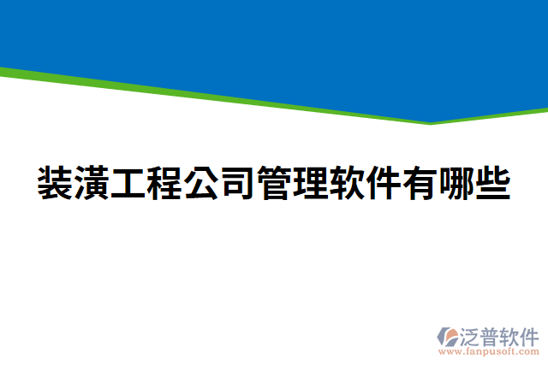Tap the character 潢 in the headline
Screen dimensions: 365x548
click(x=92, y=183)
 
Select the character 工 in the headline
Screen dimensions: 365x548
click(x=128, y=183)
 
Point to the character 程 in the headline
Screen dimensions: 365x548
click(x=165, y=183)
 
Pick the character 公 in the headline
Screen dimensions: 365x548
click(x=201, y=183)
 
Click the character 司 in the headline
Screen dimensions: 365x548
click(x=238, y=183)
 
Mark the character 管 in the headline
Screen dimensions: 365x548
click(x=275, y=183)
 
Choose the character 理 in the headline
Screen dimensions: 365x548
click(x=311, y=183)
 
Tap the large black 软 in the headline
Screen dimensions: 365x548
click(x=348, y=183)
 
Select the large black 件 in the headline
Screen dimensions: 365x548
click(x=384, y=183)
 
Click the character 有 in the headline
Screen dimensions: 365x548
click(x=420, y=183)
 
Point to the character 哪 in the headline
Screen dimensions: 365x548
click(x=457, y=183)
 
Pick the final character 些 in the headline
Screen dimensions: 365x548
click(x=493, y=183)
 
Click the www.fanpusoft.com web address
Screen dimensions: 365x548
click(x=489, y=350)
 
